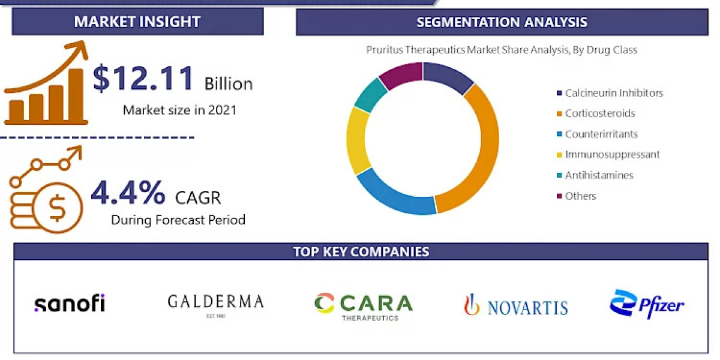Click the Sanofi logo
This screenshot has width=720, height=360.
(70, 304)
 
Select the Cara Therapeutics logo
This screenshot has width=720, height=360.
(364, 305)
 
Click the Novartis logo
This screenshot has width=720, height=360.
(515, 306)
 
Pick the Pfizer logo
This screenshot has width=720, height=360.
(647, 304)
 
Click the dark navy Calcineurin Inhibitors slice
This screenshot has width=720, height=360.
(446, 76)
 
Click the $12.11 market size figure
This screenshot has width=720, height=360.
(144, 79)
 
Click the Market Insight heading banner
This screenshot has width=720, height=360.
(137, 22)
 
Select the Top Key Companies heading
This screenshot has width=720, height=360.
(361, 251)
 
